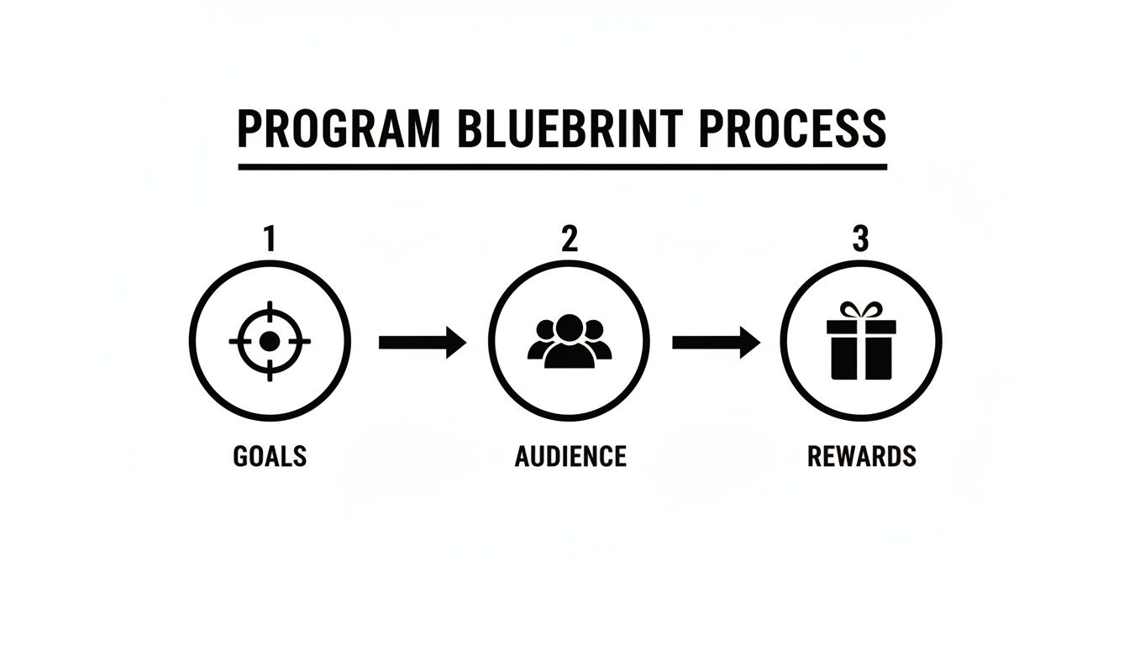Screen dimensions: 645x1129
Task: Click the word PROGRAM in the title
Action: pos(338,128)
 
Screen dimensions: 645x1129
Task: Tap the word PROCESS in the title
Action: pos(792,128)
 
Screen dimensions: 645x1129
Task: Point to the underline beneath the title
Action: pos(562,166)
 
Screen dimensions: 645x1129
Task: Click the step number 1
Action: pos(269,239)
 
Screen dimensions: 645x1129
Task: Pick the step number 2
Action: pos(570,239)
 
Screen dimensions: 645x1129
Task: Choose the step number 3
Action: pos(860,239)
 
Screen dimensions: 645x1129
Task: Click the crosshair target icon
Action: pos(270,341)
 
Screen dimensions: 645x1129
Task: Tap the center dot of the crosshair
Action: pos(270,341)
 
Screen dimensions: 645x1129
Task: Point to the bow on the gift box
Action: pos(861,310)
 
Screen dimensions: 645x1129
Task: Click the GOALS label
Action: pos(270,456)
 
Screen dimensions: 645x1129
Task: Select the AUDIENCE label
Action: pos(570,456)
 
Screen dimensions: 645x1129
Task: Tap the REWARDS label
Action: pos(861,456)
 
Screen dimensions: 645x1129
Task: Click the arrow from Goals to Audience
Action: pos(423,342)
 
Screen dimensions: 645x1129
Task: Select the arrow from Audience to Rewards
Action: pos(716,342)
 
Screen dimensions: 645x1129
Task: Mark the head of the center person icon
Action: pos(570,326)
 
